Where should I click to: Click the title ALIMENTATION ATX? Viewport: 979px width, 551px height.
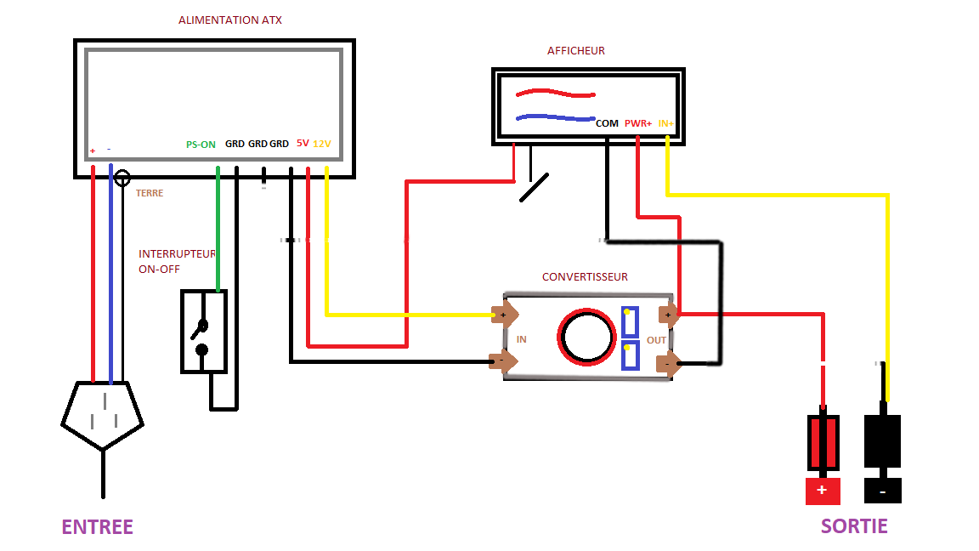229,20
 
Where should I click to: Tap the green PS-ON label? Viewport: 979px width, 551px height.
201,145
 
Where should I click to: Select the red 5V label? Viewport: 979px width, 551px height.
303,144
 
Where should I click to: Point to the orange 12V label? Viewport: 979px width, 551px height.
322,144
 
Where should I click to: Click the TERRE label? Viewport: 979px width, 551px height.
150,193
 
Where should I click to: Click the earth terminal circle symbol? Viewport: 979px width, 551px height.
122,178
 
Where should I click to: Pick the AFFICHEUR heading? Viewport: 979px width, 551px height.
575,50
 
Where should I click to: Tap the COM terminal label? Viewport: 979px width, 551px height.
607,123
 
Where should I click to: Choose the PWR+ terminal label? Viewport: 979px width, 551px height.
638,123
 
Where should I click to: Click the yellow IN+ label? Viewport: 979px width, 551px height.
665,123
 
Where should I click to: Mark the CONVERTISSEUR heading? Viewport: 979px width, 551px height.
585,277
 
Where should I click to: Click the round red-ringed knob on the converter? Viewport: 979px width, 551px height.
587,337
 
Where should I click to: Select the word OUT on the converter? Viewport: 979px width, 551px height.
656,340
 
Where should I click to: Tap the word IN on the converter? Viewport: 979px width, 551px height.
521,339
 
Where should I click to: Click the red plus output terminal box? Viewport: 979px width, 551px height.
823,491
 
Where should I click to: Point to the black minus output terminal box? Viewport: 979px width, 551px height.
883,491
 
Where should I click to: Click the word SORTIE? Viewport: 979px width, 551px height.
854,525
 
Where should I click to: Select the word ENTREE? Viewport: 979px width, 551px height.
97,527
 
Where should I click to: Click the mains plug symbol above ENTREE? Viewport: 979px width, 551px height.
102,413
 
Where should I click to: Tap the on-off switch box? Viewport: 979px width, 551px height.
203,332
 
